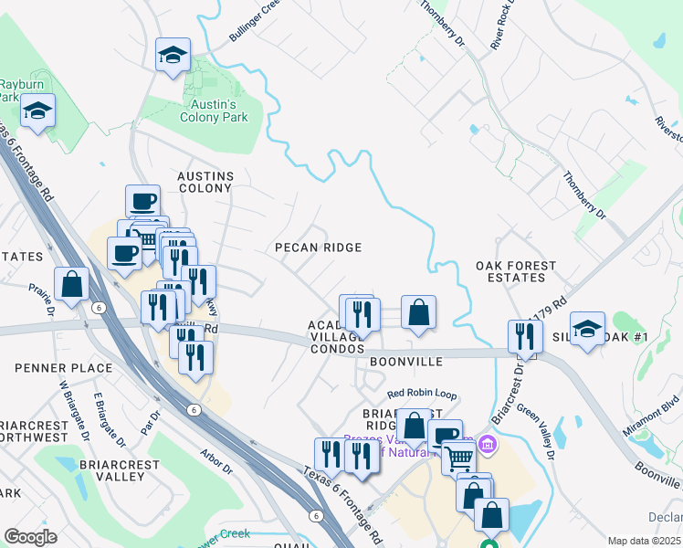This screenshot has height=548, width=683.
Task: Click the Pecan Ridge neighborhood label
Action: (x=320, y=248)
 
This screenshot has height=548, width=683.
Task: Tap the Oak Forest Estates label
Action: (x=516, y=271)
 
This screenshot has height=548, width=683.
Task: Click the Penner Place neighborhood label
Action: (x=64, y=368)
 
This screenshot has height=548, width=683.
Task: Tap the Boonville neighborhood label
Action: (x=406, y=362)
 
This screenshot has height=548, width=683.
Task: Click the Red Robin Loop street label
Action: (x=421, y=394)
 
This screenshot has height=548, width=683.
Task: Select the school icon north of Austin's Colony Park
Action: (x=173, y=56)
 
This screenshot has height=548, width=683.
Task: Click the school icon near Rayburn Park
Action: (x=37, y=111)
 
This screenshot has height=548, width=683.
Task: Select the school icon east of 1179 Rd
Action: (x=587, y=328)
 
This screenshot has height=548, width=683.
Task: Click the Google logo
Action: (x=30, y=537)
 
